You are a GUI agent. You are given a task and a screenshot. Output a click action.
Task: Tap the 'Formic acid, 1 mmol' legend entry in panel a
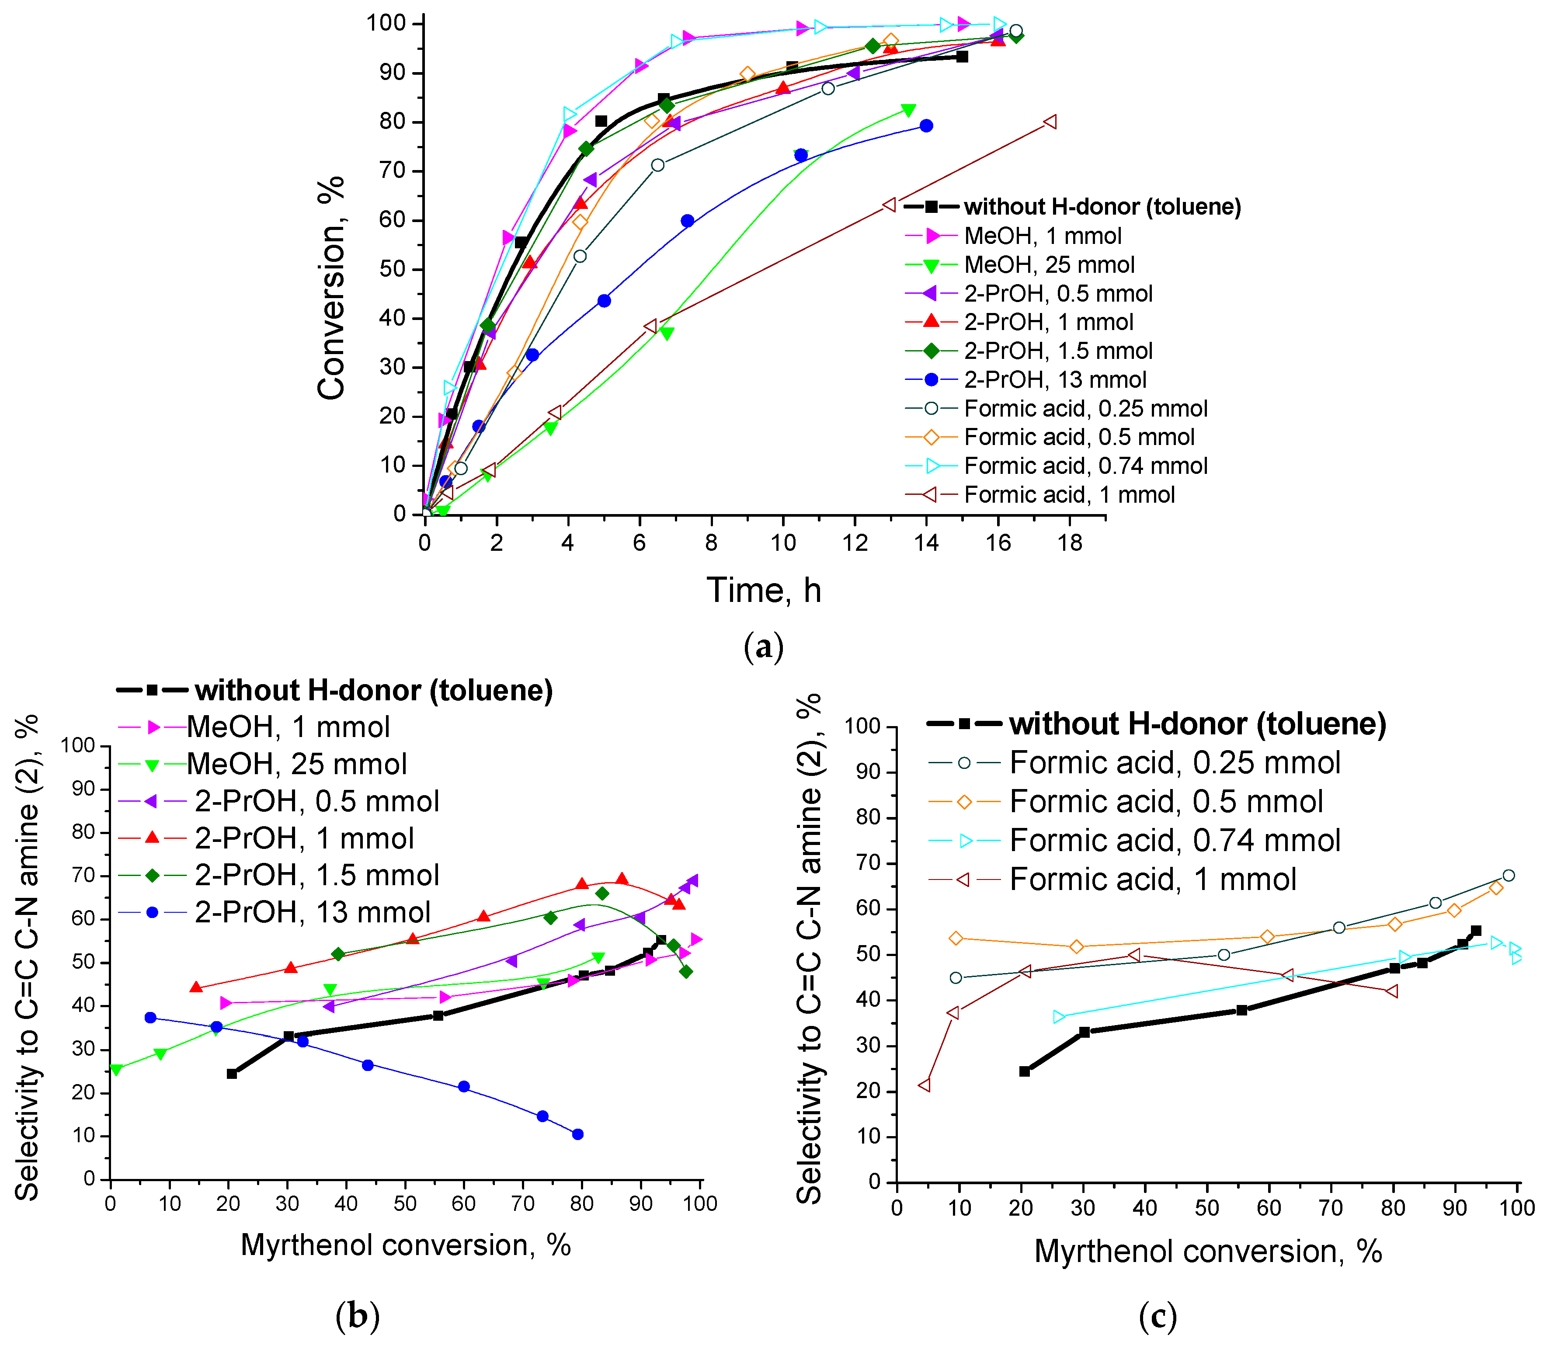point(1068,494)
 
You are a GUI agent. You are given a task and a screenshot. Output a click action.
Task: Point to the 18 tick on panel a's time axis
point(1070,542)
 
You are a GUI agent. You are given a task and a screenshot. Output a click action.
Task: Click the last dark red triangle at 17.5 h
point(1050,122)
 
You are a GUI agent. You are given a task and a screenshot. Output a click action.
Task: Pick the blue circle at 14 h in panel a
point(926,126)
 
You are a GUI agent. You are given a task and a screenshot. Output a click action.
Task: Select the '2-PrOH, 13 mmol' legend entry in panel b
point(312,912)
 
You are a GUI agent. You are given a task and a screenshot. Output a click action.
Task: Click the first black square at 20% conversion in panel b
point(232,1074)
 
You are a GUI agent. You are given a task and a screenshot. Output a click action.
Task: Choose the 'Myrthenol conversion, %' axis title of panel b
point(405,1245)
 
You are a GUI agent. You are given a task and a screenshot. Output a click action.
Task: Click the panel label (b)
point(357,1316)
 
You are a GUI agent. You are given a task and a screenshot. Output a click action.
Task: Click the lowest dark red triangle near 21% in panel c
point(925,1085)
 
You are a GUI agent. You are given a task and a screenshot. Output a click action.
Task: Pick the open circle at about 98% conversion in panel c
point(1508,876)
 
